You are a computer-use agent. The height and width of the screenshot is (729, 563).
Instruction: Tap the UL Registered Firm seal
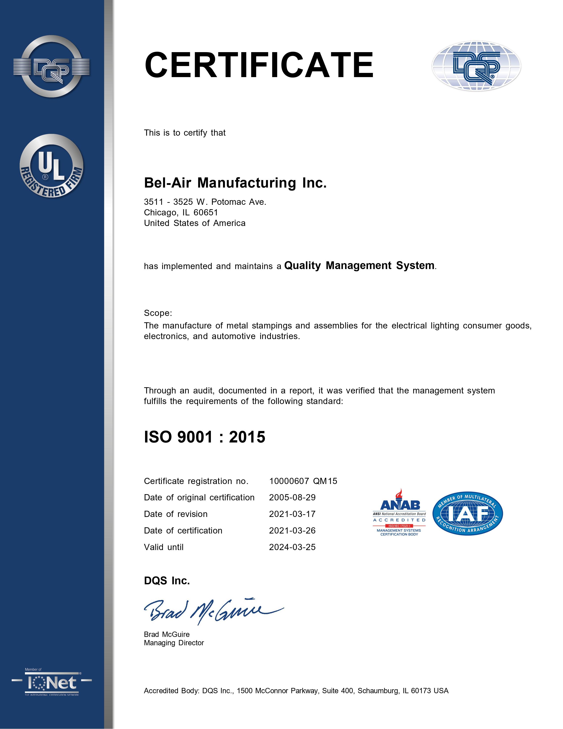click(x=52, y=166)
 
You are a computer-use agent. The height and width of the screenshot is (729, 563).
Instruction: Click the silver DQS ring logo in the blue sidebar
click(x=52, y=67)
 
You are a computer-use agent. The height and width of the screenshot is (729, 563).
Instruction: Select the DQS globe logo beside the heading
click(x=476, y=66)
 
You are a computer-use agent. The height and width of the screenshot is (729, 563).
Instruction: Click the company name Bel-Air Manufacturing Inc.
click(x=235, y=183)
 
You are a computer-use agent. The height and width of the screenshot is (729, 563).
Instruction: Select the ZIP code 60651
click(x=206, y=213)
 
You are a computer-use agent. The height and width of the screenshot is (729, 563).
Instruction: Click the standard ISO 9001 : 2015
click(x=204, y=437)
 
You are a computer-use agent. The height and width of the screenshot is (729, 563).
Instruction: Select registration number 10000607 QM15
click(x=303, y=481)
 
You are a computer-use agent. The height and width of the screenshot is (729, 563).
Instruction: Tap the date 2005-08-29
click(x=292, y=497)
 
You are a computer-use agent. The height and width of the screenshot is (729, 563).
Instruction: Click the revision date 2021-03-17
click(x=292, y=514)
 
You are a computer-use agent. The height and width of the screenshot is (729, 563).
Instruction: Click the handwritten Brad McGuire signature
click(x=213, y=611)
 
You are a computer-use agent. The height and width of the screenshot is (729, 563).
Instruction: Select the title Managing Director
click(x=174, y=643)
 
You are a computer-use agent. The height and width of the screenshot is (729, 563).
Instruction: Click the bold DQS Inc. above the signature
click(x=167, y=581)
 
